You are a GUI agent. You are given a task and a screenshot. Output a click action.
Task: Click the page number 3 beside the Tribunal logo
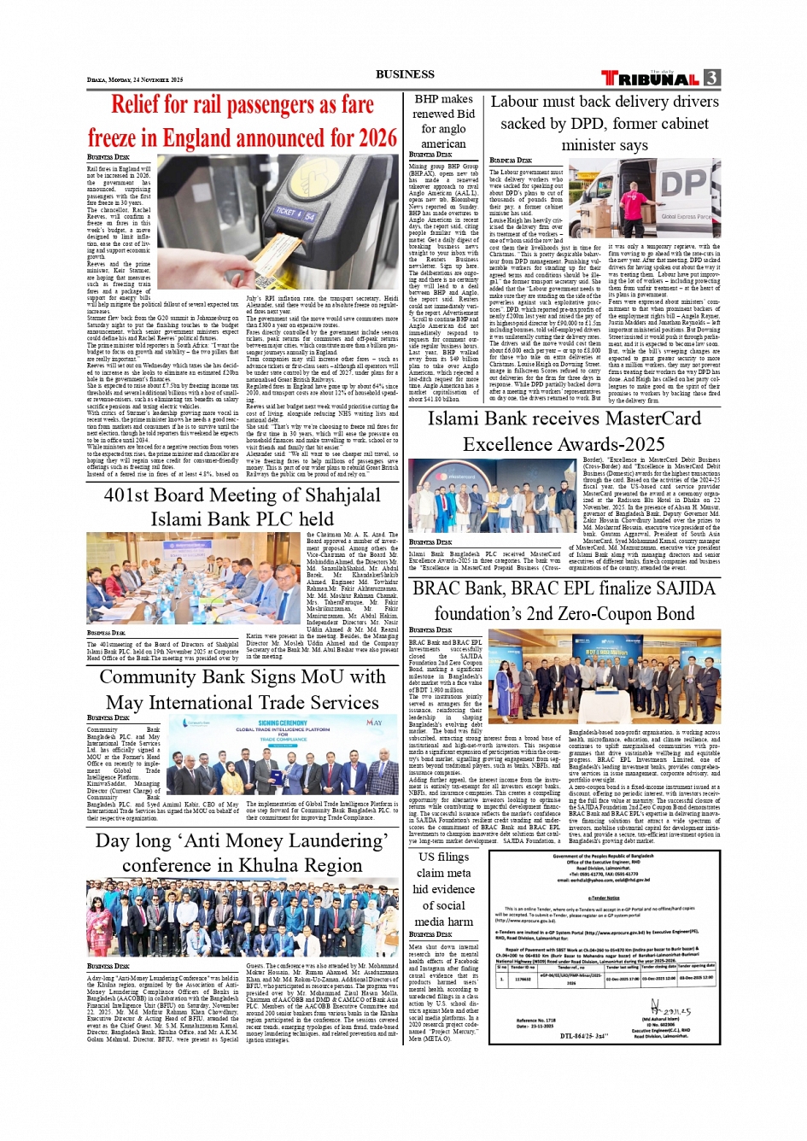(711, 78)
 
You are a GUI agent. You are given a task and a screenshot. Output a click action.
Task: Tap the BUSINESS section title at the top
(405, 74)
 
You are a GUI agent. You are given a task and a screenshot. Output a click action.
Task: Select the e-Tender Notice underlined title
(604, 898)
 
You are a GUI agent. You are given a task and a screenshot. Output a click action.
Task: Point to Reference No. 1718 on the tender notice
(535, 1021)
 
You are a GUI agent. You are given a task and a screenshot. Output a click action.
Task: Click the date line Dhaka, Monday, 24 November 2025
(135, 79)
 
